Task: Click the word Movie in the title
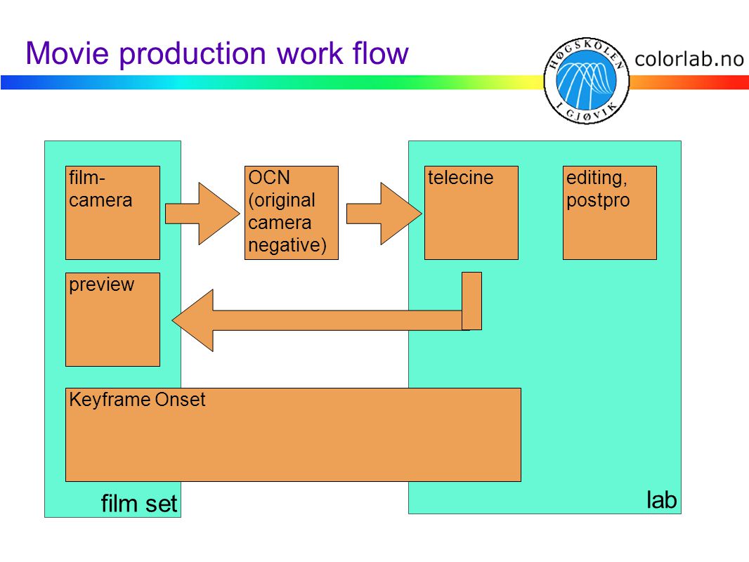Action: click(67, 53)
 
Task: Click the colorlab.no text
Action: click(689, 59)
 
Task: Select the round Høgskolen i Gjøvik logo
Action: click(587, 81)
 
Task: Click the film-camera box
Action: click(112, 213)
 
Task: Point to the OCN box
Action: click(292, 213)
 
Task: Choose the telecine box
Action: click(471, 213)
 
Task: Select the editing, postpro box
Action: click(609, 213)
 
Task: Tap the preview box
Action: click(112, 320)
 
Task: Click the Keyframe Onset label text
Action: click(137, 400)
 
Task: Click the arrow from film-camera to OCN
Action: click(202, 214)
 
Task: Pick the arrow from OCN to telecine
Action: click(384, 214)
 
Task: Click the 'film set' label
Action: click(138, 504)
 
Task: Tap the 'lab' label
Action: click(662, 500)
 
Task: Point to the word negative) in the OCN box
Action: click(287, 245)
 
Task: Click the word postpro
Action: click(598, 201)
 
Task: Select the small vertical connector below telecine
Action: click(471, 301)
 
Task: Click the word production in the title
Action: click(193, 53)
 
